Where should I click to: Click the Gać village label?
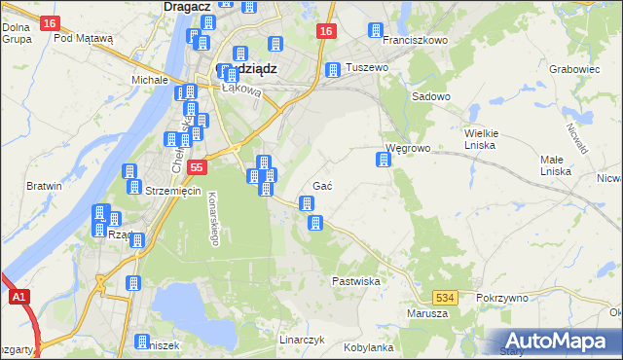324,186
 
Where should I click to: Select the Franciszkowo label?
415,41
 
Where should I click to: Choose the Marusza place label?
428,313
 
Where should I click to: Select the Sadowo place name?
431,97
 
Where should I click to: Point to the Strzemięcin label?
172,191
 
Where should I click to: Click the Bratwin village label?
45,186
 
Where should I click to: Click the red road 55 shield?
198,167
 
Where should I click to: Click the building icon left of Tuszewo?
333,70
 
